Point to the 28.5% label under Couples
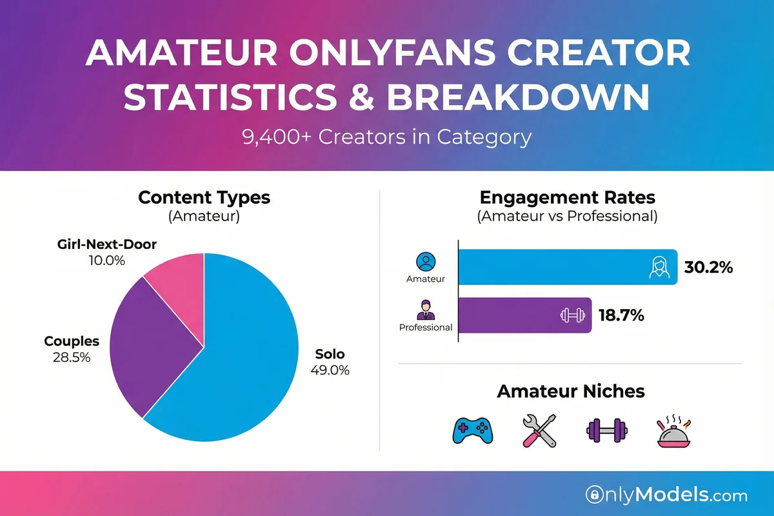click(x=71, y=356)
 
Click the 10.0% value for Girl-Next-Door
click(x=107, y=261)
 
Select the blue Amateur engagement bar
click(x=555, y=267)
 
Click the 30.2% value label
click(x=708, y=267)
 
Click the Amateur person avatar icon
click(x=426, y=261)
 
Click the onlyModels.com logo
click(x=666, y=495)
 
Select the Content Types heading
click(x=204, y=197)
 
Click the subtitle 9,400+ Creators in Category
click(x=387, y=137)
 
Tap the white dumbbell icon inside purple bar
click(x=568, y=316)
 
